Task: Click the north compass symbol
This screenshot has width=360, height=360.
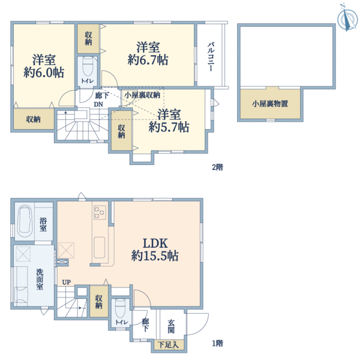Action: pos(347,18)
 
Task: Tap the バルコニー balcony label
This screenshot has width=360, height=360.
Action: pos(211,57)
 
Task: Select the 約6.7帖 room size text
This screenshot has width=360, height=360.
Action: pos(148,60)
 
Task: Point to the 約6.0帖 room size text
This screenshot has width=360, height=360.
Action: pos(44,73)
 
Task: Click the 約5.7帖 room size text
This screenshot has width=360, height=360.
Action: pos(169,127)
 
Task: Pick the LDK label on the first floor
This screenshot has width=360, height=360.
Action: pos(155,243)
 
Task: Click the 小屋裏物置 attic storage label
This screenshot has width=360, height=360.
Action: pos(270,104)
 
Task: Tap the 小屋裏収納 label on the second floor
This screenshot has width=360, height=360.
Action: pos(142,95)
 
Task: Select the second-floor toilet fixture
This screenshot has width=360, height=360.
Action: pos(88,66)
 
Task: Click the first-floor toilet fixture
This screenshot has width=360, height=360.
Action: pos(121,308)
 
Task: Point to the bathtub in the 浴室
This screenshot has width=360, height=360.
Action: pos(25,222)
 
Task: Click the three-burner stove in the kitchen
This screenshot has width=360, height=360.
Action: pos(100,212)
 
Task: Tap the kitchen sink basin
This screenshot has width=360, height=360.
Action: pos(100,247)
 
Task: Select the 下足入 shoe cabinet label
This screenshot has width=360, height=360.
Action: pos(168,344)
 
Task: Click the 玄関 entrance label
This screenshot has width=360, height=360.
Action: pos(171,327)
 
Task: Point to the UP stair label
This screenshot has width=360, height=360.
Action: pos(67,282)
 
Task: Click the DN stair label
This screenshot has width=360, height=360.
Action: pos(98,104)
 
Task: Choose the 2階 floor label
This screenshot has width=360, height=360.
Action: pos(217,167)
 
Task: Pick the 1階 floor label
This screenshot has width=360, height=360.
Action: pos(217,343)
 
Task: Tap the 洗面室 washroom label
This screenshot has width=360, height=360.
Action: pos(40,279)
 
